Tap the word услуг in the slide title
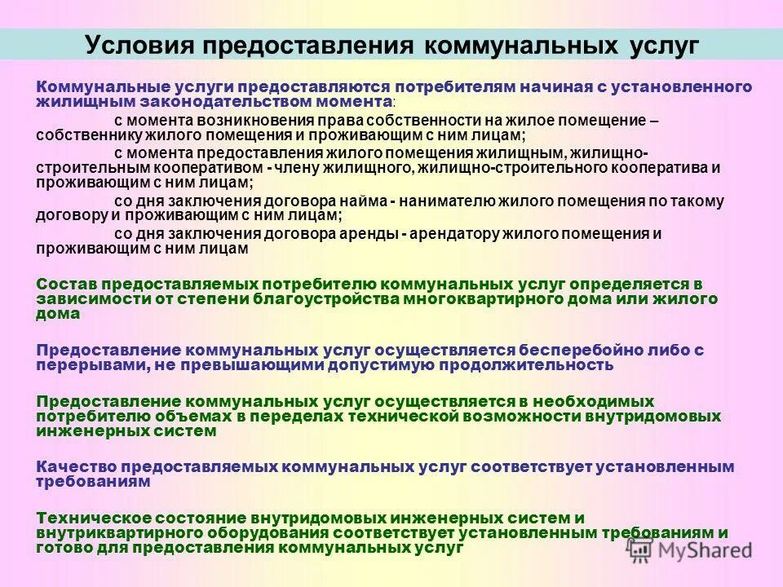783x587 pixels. pos(663,45)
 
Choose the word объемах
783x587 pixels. pos(186,417)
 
